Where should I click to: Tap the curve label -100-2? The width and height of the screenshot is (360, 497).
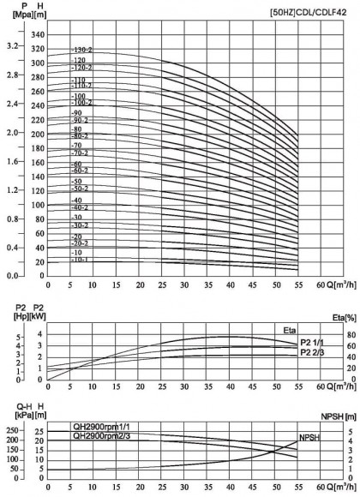[82, 103]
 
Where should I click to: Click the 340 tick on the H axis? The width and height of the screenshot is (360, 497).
[36, 34]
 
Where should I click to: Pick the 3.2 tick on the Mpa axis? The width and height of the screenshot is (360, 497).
[10, 45]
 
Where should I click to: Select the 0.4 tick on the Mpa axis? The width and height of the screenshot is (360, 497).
[10, 248]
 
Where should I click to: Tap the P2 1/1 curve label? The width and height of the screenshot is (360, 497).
[314, 342]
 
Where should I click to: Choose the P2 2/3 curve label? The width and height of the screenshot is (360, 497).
[314, 352]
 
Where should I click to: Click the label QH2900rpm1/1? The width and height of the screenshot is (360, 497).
[86, 403]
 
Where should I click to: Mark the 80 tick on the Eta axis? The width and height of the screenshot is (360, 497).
[341, 335]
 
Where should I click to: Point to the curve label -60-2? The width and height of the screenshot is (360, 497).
[81, 171]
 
